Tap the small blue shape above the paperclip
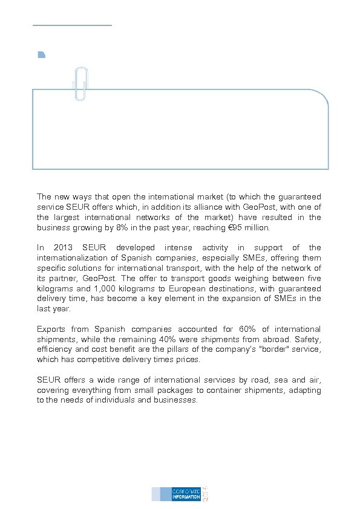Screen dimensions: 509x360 coord(41,55)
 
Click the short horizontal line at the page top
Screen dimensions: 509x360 coord(72,25)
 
